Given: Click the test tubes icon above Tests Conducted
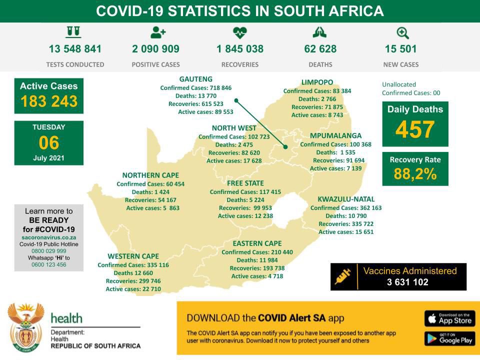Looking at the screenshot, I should pyautogui.click(x=73, y=32).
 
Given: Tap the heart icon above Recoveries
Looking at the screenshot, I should pyautogui.click(x=240, y=33).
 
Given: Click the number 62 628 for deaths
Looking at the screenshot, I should pyautogui.click(x=320, y=49).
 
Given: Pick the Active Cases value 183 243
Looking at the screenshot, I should pyautogui.click(x=49, y=101).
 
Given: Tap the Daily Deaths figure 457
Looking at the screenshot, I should pyautogui.click(x=414, y=130).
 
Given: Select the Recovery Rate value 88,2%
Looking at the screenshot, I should pyautogui.click(x=414, y=174).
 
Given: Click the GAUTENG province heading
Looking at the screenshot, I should pyautogui.click(x=196, y=79).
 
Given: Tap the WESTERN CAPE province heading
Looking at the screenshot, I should pyautogui.click(x=133, y=256).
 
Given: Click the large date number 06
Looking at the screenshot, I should pyautogui.click(x=48, y=143).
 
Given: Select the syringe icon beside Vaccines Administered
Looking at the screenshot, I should pyautogui.click(x=344, y=276).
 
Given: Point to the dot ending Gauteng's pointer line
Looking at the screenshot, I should pyautogui.click(x=285, y=147).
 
